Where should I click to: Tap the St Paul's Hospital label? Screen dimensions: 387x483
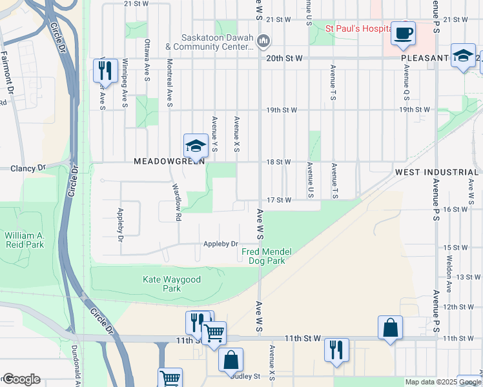(358, 28)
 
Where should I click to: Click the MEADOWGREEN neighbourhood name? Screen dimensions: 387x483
(169, 161)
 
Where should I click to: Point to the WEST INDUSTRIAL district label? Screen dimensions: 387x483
(436, 172)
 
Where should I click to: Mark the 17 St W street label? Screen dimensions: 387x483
(279, 200)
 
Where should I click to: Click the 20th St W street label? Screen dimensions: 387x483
(285, 58)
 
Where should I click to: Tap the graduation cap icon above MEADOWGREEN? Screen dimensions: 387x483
(195, 146)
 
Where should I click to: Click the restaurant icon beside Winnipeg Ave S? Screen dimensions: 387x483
(105, 70)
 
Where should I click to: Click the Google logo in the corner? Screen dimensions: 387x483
(21, 379)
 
